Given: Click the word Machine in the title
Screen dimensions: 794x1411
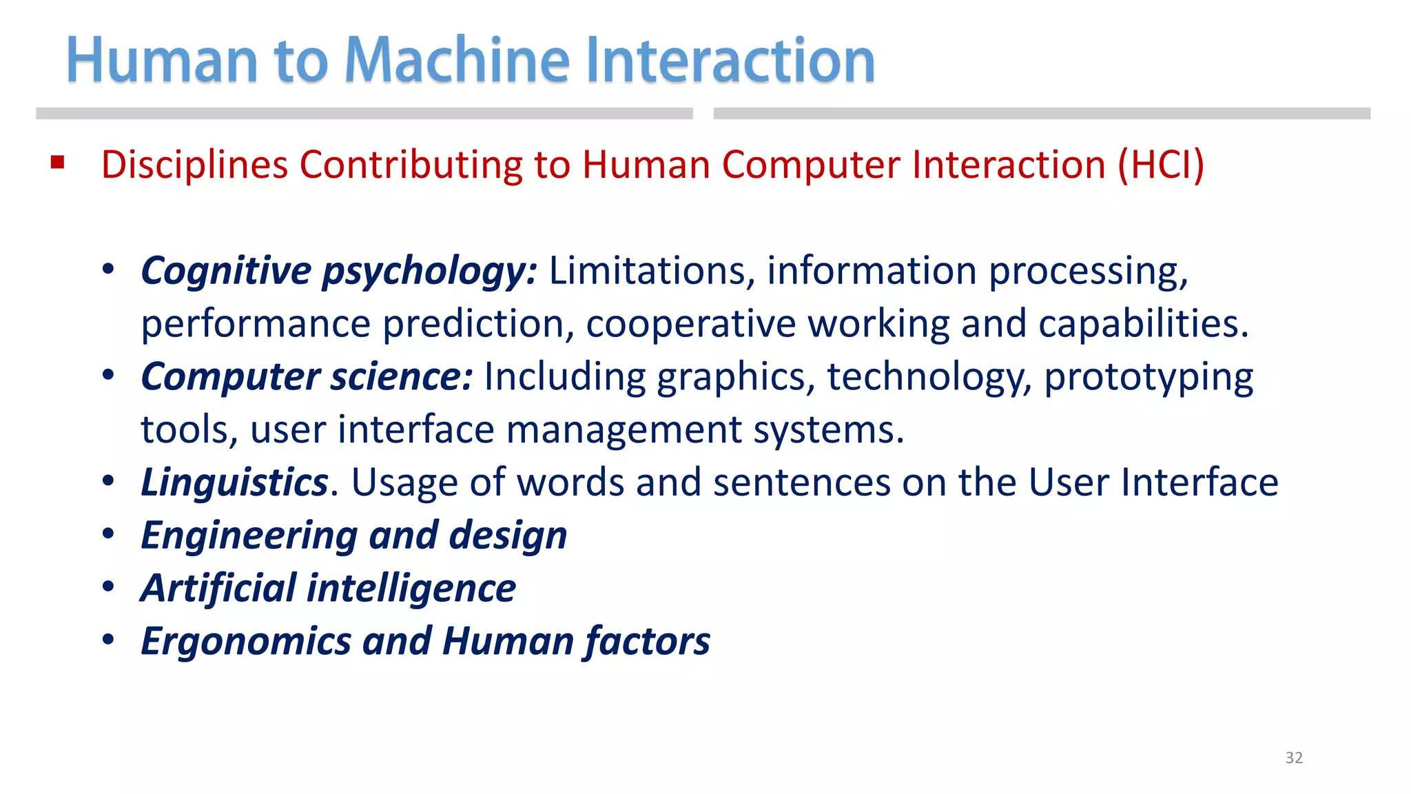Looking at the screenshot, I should click(457, 61).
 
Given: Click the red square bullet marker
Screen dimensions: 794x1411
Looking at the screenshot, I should click(57, 163).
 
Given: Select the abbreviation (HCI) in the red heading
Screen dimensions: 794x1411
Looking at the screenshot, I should click(1160, 165).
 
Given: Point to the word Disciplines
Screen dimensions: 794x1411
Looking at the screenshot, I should click(194, 165).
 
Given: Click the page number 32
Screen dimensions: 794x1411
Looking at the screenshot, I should click(1294, 757).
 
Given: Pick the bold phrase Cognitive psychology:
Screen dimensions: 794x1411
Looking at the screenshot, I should click(338, 271).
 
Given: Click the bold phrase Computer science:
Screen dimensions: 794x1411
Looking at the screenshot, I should click(307, 377).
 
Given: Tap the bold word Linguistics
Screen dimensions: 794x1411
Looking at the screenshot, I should click(234, 482).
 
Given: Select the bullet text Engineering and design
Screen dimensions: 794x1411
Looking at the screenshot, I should click(353, 536).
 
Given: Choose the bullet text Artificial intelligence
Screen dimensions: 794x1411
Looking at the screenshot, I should click(328, 589).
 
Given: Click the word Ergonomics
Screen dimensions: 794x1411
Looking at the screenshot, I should click(246, 642).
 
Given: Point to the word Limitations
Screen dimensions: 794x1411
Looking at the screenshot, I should click(647, 271).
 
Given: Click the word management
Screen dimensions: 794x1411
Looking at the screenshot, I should click(624, 430).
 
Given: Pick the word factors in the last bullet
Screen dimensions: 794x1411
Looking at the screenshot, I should click(647, 642).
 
